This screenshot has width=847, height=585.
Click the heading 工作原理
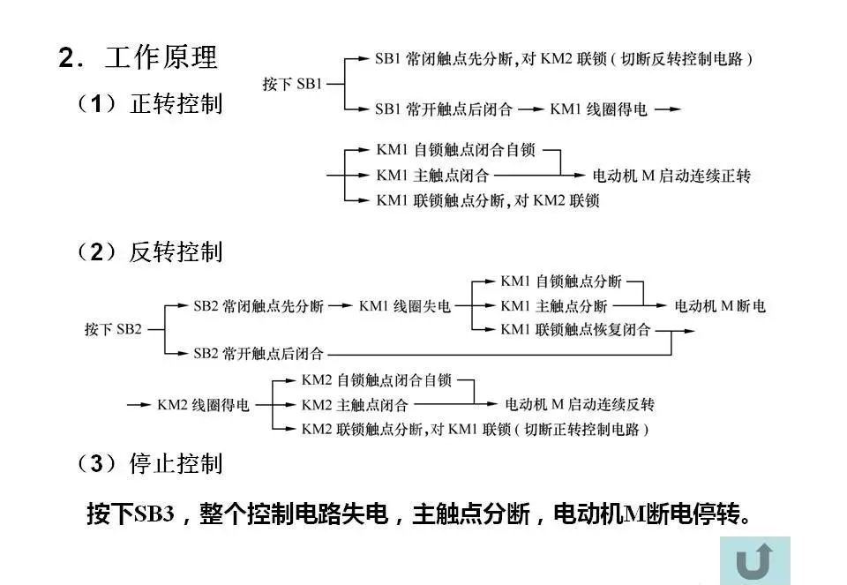[x=161, y=58]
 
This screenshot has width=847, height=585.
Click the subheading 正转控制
[x=176, y=104]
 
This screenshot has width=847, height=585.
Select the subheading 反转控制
[x=176, y=252]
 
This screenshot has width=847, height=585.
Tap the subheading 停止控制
[x=176, y=463]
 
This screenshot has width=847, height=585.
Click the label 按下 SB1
[x=293, y=85]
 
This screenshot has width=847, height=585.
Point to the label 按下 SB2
[x=113, y=329]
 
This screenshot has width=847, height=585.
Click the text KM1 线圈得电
[x=598, y=109]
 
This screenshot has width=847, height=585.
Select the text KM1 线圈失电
[x=405, y=306]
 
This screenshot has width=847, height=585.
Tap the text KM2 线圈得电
[x=203, y=405]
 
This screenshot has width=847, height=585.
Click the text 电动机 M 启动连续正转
[x=671, y=176]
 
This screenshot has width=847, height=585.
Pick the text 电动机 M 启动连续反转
[x=579, y=405]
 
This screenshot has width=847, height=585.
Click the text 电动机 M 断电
[x=720, y=306]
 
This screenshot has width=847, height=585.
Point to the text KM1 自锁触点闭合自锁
[x=455, y=151]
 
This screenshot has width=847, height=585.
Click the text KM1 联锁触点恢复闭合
[x=575, y=330]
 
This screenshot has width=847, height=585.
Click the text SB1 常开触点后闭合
[x=443, y=109]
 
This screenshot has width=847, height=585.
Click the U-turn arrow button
[x=754, y=559]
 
